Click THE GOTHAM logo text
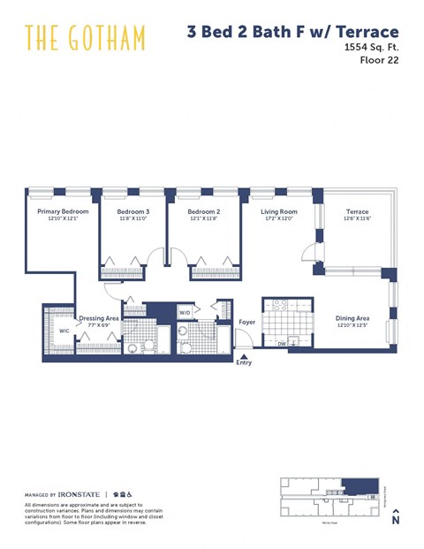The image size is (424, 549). click(x=85, y=38)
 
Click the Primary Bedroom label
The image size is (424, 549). click(x=62, y=211)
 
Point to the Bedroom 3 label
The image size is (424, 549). click(x=133, y=211)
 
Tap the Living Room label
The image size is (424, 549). click(x=278, y=211)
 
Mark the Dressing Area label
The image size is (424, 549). click(x=99, y=317)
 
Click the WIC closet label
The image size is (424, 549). click(x=64, y=331)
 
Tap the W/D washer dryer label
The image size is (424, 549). click(x=185, y=312)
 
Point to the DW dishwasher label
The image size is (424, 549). click(x=281, y=343)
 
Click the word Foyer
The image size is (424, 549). click(x=247, y=322)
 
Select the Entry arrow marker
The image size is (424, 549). click(x=244, y=359)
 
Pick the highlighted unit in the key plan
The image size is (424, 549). click(x=357, y=484)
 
